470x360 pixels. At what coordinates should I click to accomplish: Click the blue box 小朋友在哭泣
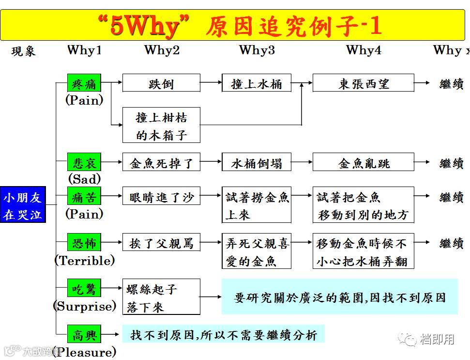click(23, 205)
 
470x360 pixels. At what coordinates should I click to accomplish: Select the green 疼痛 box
click(84, 83)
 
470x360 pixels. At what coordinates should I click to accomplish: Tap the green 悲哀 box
click(84, 163)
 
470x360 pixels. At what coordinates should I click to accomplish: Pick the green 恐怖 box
click(84, 243)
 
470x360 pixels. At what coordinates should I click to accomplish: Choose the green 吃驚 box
click(84, 289)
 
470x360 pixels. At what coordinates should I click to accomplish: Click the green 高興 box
click(84, 334)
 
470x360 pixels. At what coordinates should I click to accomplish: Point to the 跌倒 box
click(161, 83)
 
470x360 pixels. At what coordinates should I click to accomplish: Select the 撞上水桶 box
click(256, 83)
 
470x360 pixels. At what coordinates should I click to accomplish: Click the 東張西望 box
click(363, 83)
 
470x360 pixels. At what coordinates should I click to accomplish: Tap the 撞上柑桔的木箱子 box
click(161, 125)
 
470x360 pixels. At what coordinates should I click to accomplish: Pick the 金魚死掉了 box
click(161, 163)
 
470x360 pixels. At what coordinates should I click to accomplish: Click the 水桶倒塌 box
click(256, 163)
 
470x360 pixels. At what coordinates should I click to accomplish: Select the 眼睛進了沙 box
click(161, 197)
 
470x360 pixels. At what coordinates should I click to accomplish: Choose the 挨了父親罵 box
click(161, 243)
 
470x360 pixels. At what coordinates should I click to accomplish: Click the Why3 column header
click(257, 50)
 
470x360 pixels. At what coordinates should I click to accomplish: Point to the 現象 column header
click(23, 51)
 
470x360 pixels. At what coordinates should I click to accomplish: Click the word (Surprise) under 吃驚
click(85, 306)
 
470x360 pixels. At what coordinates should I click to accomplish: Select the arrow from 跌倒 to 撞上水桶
click(211, 83)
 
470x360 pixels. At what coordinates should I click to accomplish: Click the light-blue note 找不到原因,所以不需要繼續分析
click(223, 334)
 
